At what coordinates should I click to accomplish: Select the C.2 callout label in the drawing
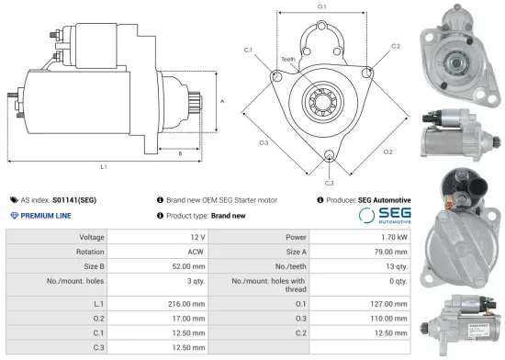tap(395, 45)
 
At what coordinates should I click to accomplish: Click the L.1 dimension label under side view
tap(104, 167)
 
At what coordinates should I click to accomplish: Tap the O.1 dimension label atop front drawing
tap(322, 7)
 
